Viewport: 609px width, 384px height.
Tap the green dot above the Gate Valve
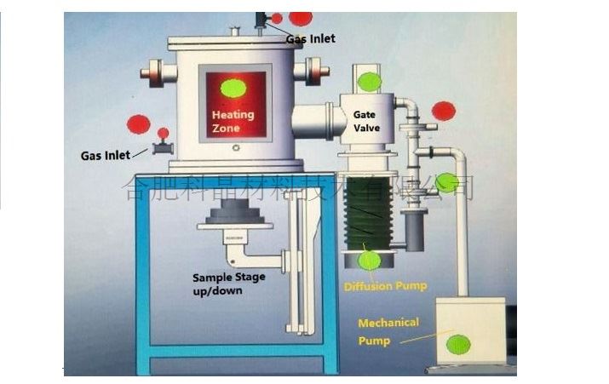pyautogui.click(x=369, y=82)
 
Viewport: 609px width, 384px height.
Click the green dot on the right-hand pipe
pyautogui.click(x=445, y=182)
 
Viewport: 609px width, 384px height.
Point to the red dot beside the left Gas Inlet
pyautogui.click(x=138, y=124)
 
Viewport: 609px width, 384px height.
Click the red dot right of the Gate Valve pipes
pyautogui.click(x=443, y=111)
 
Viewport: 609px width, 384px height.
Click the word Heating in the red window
pyautogui.click(x=232, y=114)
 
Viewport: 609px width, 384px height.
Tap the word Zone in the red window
pyautogui.click(x=226, y=128)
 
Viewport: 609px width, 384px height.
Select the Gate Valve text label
pyautogui.click(x=367, y=121)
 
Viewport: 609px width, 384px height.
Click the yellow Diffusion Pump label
pyautogui.click(x=385, y=286)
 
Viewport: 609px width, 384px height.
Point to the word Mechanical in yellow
pyautogui.click(x=388, y=323)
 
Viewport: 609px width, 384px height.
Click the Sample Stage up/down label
pyautogui.click(x=227, y=284)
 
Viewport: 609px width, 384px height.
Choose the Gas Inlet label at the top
pyautogui.click(x=310, y=38)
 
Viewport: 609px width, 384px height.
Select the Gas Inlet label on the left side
pyautogui.click(x=106, y=156)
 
